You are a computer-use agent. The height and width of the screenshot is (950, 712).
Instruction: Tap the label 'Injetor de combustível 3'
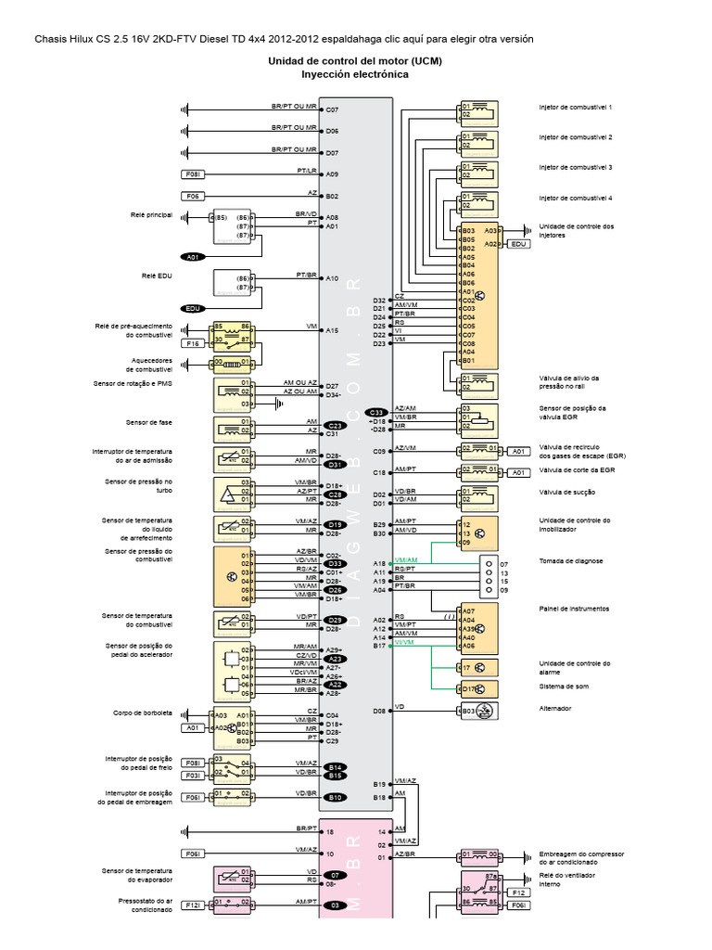[576, 167]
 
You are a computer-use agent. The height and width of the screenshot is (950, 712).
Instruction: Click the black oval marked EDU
[193, 309]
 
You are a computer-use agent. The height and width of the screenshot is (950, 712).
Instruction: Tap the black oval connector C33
[376, 412]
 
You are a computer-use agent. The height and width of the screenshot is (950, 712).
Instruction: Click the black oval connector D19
[336, 525]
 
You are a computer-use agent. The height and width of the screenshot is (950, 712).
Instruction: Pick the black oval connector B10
[336, 798]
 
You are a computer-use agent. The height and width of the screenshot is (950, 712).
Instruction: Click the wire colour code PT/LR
[307, 171]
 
